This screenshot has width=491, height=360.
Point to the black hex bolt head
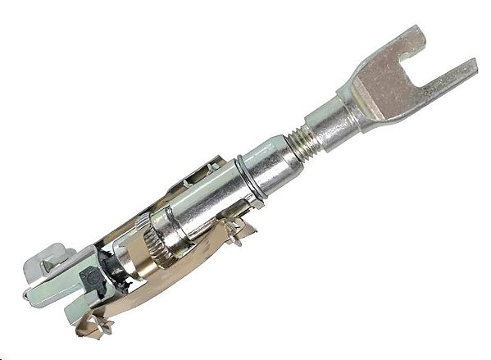tap(93, 278)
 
